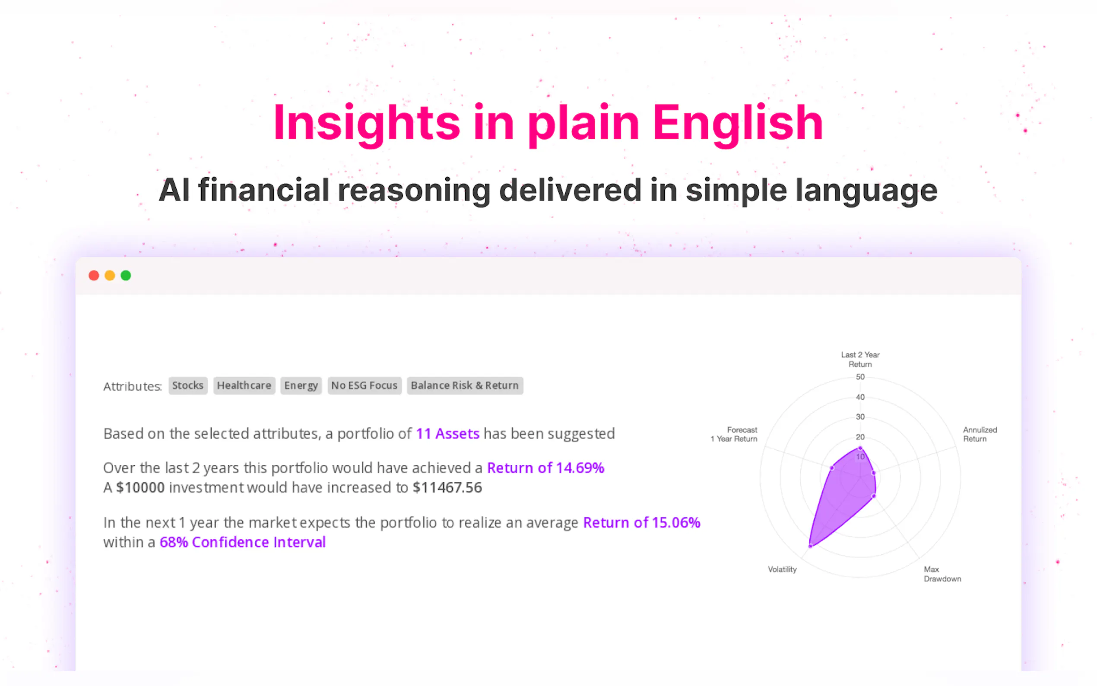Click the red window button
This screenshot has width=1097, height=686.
[94, 276]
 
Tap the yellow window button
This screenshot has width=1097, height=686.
[110, 276]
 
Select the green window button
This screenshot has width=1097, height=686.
[126, 276]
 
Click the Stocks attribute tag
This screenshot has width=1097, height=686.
[188, 386]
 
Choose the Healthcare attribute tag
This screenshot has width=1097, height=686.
[244, 386]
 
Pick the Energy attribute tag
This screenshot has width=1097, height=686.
[301, 386]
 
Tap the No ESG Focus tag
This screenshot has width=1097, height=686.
[364, 386]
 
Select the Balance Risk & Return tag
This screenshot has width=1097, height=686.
[465, 386]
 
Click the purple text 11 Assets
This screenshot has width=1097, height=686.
[447, 434]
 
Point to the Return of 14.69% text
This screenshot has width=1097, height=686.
[545, 468]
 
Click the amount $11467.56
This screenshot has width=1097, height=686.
[447, 488]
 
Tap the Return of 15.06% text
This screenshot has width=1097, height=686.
[642, 523]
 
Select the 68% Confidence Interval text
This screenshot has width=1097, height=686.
[243, 542]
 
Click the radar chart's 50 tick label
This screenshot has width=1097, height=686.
[860, 377]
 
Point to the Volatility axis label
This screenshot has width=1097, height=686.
[782, 569]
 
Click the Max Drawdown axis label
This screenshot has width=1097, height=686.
[942, 574]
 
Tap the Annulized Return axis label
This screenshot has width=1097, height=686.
[980, 434]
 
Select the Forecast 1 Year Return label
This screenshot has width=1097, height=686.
[734, 434]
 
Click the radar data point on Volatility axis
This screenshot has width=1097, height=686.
[810, 546]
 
